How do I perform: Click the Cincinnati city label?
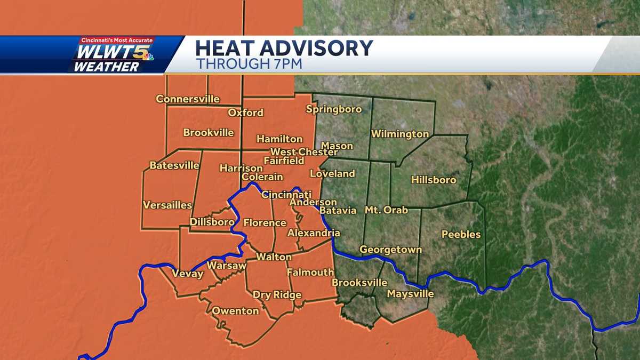pyautogui.click(x=286, y=195)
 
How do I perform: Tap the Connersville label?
pyautogui.click(x=187, y=99)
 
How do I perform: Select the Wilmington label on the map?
pyautogui.click(x=400, y=134)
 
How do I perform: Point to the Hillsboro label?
pyautogui.click(x=434, y=180)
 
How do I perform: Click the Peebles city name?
pyautogui.click(x=461, y=234)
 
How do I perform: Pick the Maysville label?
pyautogui.click(x=410, y=294)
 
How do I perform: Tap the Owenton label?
pyautogui.click(x=235, y=311)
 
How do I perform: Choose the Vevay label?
pyautogui.click(x=187, y=274)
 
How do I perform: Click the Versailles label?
pyautogui.click(x=167, y=205)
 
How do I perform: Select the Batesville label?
pyautogui.click(x=174, y=165)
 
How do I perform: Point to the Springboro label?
pyautogui.click(x=334, y=109)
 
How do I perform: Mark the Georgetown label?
pyautogui.click(x=390, y=250)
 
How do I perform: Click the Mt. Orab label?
pyautogui.click(x=386, y=210)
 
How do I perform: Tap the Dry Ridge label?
pyautogui.click(x=277, y=295)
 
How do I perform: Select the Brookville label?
pyautogui.click(x=209, y=132)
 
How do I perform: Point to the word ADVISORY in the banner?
pyautogui.click(x=315, y=49)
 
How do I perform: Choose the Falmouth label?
pyautogui.click(x=310, y=272)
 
